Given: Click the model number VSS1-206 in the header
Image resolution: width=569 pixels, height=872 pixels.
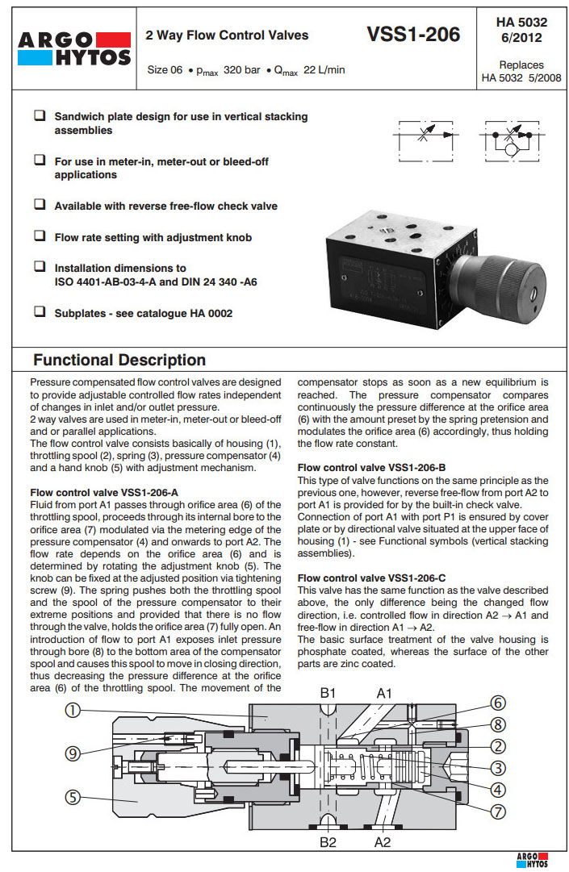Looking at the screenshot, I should pyautogui.click(x=413, y=34).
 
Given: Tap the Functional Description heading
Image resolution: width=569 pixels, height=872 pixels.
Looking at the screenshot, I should pyautogui.click(x=119, y=360).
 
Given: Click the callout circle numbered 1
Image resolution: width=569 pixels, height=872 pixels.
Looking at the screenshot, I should pyautogui.click(x=73, y=710).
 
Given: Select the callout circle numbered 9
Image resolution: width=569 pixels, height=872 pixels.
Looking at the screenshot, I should pyautogui.click(x=73, y=753).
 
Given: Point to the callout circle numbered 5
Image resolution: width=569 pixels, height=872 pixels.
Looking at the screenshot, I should pyautogui.click(x=73, y=797).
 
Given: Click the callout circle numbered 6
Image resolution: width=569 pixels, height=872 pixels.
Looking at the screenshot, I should pyautogui.click(x=498, y=703).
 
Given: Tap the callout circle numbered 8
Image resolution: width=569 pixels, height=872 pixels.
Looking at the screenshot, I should pyautogui.click(x=498, y=724).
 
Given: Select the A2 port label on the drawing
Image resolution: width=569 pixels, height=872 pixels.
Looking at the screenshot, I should pyautogui.click(x=383, y=842).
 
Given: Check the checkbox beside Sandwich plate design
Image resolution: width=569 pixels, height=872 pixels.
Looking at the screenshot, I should pyautogui.click(x=40, y=116).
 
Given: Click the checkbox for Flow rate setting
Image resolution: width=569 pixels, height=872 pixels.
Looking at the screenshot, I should pyautogui.click(x=40, y=236).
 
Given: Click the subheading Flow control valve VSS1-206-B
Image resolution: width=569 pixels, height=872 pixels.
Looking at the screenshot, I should pyautogui.click(x=373, y=467).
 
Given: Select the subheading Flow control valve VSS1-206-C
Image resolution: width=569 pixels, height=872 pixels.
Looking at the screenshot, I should pyautogui.click(x=373, y=578).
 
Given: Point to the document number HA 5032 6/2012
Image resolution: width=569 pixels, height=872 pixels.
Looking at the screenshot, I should pyautogui.click(x=521, y=31).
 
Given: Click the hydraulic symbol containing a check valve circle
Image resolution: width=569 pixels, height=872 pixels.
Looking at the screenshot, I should pyautogui.click(x=513, y=141).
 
